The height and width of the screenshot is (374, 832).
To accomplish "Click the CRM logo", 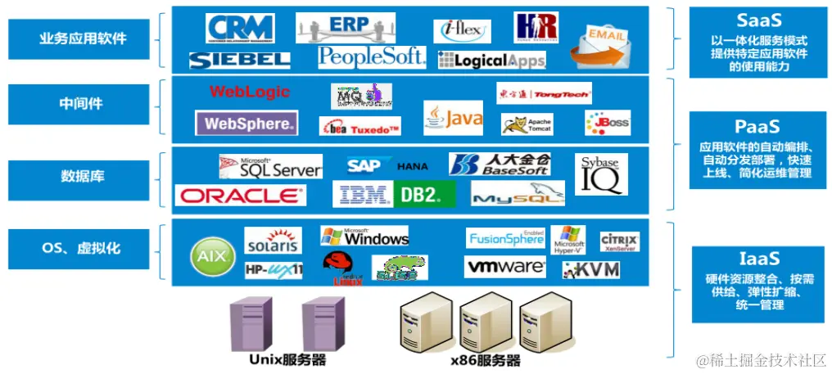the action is coord(240,29).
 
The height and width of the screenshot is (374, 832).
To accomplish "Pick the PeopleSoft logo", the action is coord(372,56).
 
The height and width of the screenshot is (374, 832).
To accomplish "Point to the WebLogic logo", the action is coord(250,92).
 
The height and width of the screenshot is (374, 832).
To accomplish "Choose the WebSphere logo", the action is coord(246,124).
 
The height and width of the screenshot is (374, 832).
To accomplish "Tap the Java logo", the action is coord(453,118).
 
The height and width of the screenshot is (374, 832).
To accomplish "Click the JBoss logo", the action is coord(608,123).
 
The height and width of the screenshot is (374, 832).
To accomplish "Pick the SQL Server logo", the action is coord(269,167).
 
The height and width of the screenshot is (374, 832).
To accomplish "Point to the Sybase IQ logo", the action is coord(600,173).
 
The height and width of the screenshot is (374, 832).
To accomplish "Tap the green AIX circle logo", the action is coord(206,256).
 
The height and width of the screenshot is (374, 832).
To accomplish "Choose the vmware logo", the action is coord(505,267).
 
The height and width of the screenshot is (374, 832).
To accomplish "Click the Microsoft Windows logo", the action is coord(364,237).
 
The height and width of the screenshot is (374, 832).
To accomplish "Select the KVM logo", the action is coord(590,269).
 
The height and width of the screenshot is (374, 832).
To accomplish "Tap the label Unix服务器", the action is coord(287,359).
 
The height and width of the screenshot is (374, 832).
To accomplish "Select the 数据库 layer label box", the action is coord(82,176).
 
